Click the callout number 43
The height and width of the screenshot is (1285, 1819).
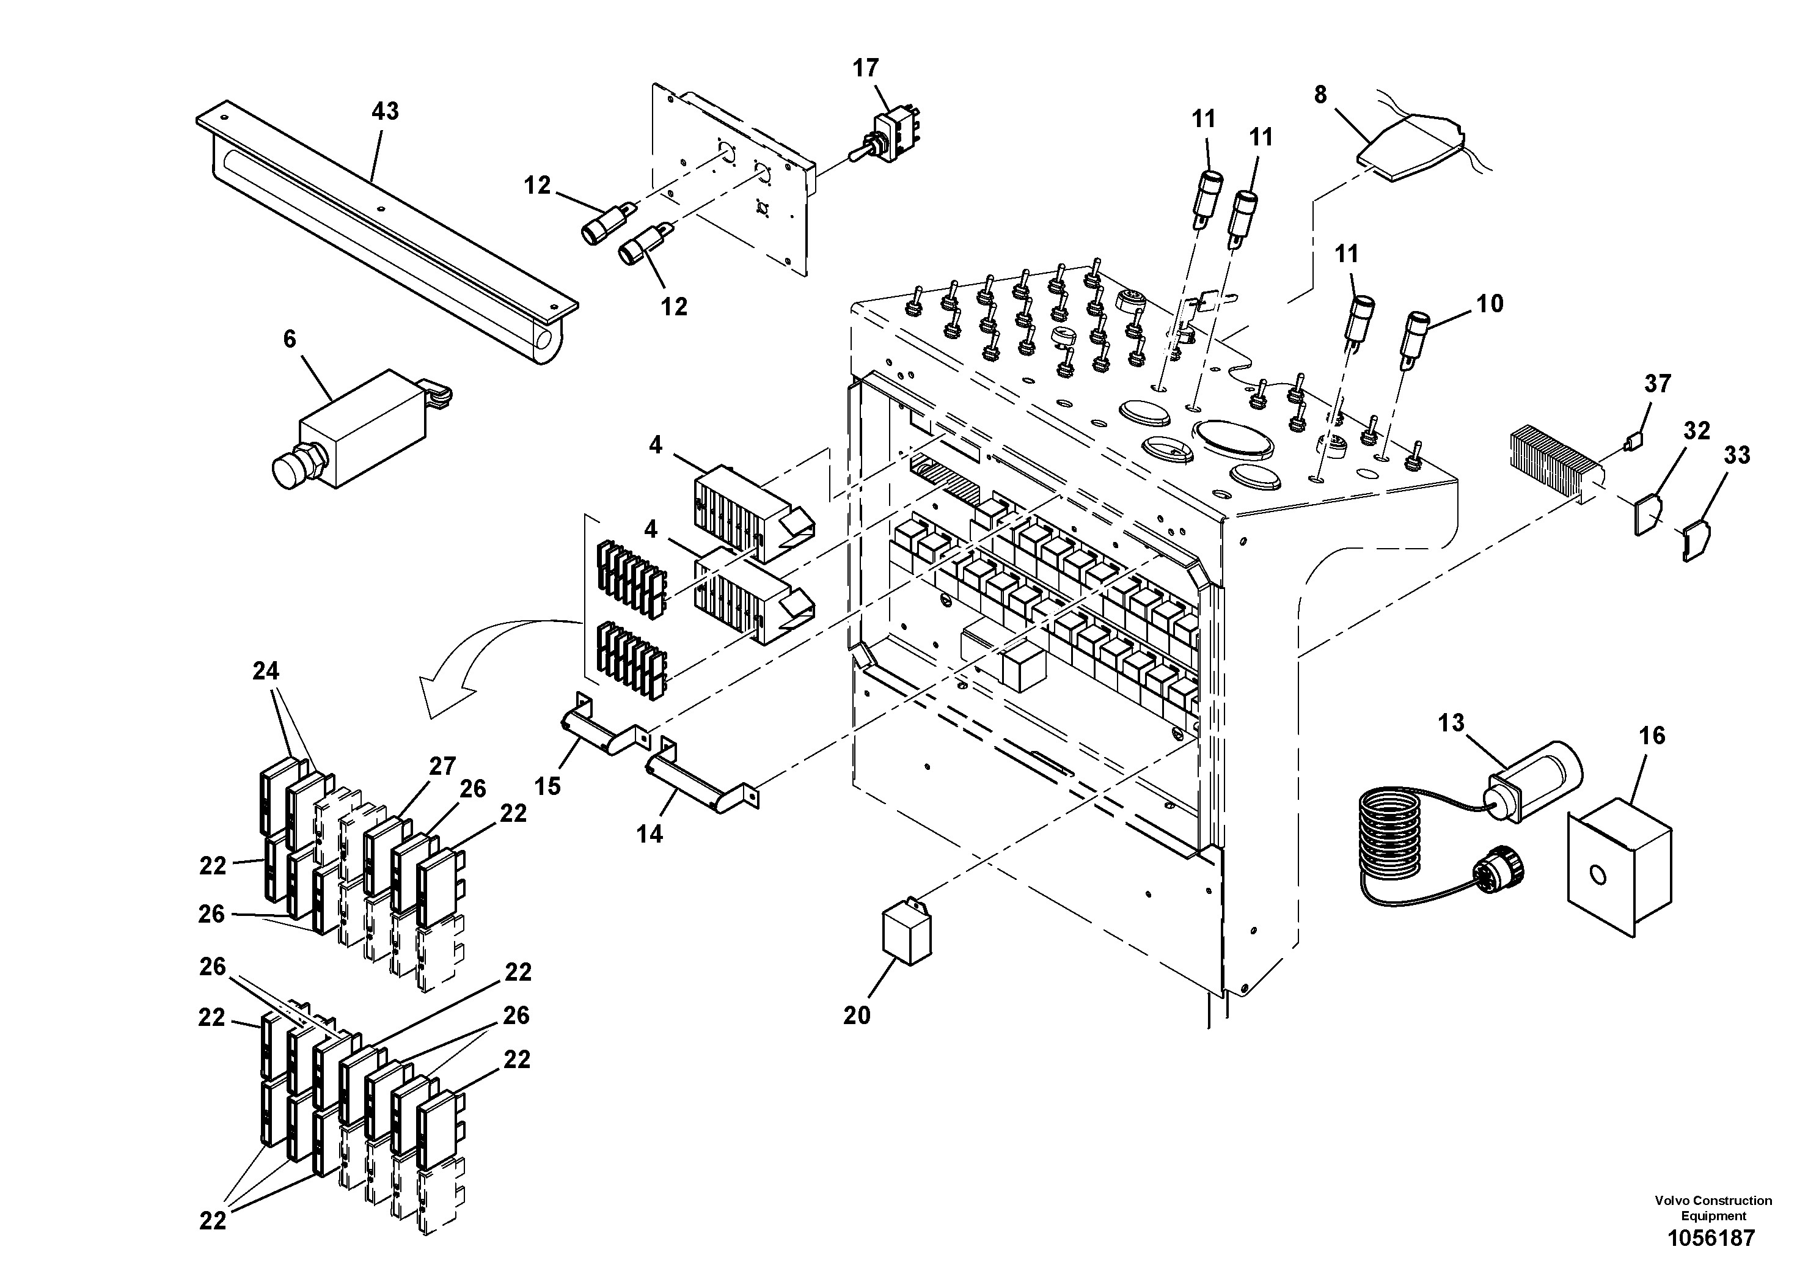point(385,112)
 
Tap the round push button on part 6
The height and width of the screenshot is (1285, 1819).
point(289,469)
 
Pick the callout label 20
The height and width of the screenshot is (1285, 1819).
point(857,1015)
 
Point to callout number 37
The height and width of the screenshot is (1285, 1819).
point(1657,384)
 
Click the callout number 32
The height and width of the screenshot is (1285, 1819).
point(1697,430)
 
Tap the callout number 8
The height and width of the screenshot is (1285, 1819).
point(1320,95)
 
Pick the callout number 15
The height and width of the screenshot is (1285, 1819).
point(547,786)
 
